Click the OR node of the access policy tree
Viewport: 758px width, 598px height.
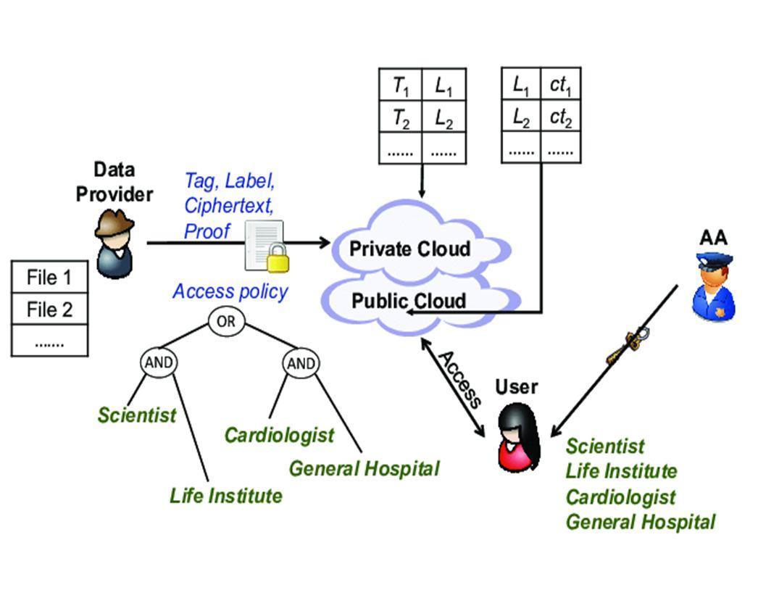(x=226, y=321)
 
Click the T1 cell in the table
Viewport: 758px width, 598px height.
(x=401, y=86)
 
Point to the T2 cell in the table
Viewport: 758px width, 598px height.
(x=401, y=118)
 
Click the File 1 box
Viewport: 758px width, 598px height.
(x=49, y=277)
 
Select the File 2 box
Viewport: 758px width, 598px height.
(x=49, y=310)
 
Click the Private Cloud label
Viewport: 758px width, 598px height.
(x=410, y=249)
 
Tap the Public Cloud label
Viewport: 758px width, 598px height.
(x=409, y=301)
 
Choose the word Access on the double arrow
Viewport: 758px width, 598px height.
(x=459, y=378)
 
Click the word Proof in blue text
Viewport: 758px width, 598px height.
(x=207, y=231)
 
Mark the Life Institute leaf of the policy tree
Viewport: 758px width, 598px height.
(x=225, y=496)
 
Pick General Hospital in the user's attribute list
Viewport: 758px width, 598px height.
(x=641, y=522)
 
